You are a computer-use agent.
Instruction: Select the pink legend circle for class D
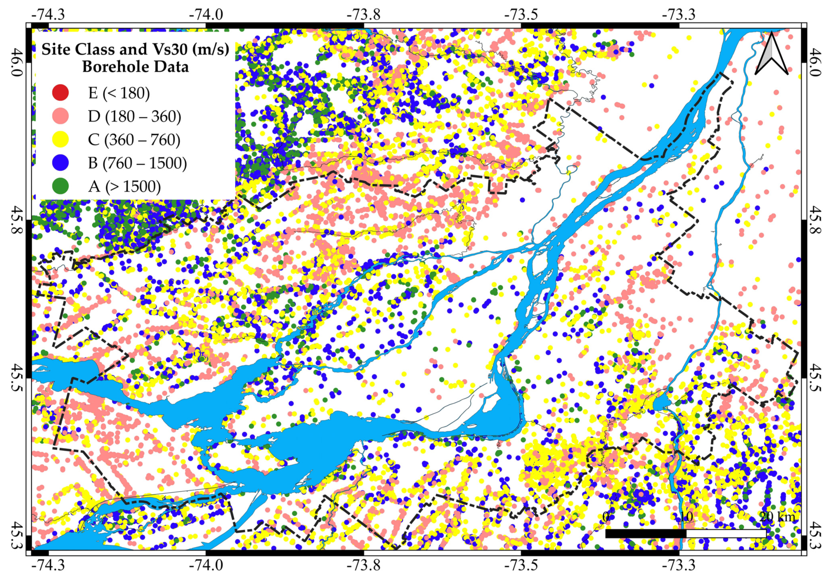[60, 116]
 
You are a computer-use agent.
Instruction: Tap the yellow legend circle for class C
[60, 139]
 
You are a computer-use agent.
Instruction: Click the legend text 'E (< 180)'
[119, 93]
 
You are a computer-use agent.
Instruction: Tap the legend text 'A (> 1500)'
[124, 186]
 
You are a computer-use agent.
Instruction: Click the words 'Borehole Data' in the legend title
[136, 67]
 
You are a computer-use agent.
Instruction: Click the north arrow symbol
[771, 54]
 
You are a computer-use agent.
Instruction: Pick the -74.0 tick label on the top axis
[206, 14]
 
